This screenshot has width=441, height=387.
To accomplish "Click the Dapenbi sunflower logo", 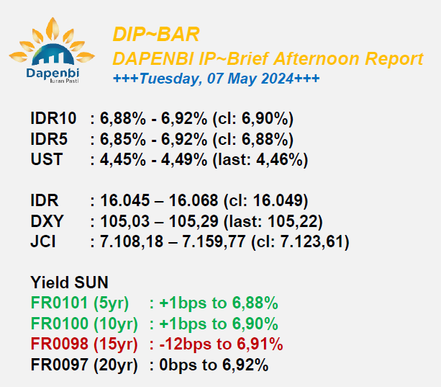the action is click(x=52, y=50).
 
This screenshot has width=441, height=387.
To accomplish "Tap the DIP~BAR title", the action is click(x=156, y=35).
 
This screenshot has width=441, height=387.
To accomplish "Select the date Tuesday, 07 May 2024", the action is click(x=217, y=79).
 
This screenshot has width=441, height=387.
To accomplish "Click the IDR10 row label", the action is click(x=53, y=118).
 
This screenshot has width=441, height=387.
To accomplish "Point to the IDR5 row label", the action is click(x=49, y=139).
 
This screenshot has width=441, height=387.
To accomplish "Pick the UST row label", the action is click(x=47, y=159).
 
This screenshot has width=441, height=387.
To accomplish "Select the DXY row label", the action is click(x=47, y=221).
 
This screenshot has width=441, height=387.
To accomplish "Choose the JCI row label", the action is click(x=43, y=241).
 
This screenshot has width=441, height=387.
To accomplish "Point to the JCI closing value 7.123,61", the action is click(x=311, y=241).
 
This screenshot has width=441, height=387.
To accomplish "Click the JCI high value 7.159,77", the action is click(x=214, y=241).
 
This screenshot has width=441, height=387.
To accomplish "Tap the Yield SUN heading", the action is click(x=69, y=283).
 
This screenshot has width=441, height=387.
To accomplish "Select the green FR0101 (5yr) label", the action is click(x=80, y=303).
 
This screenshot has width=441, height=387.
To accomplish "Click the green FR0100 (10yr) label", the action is click(x=84, y=324).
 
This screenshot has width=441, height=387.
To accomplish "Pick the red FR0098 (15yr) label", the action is click(x=84, y=344).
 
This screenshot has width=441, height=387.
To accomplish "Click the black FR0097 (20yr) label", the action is click(x=84, y=365).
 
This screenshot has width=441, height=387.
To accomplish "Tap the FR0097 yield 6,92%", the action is click(x=245, y=365).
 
